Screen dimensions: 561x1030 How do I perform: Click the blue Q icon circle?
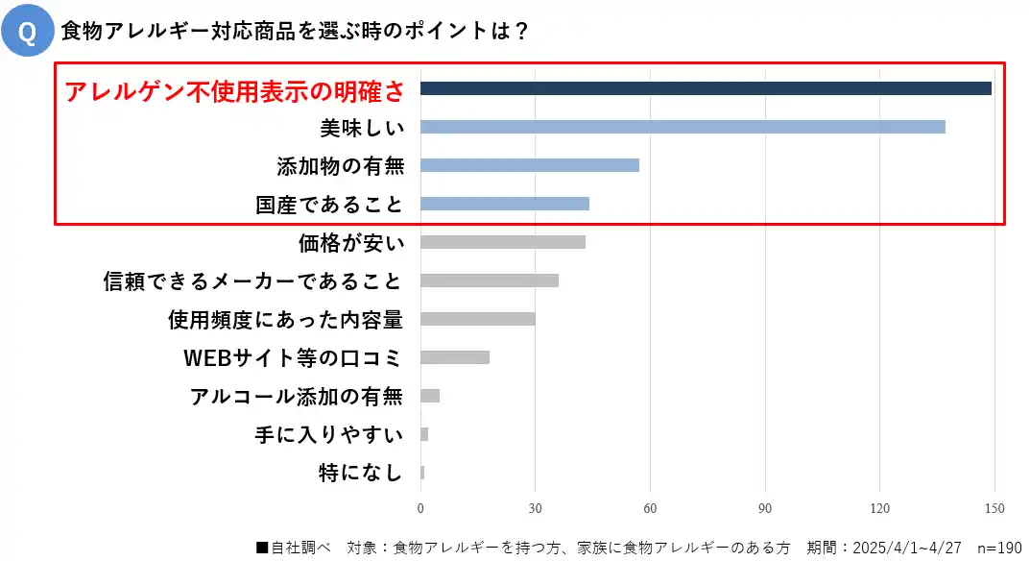coord(28,34)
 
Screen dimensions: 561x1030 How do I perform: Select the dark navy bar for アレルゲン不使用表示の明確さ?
coord(706,88)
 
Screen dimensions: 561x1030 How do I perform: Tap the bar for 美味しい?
coord(683,127)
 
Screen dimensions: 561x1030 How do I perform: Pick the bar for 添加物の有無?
coord(530,165)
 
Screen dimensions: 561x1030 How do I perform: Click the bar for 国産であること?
coord(505,204)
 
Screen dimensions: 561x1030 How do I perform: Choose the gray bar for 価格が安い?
coord(503,242)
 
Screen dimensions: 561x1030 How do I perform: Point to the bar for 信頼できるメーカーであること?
coord(490,280)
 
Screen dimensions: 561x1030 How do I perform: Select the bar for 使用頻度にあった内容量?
coord(478,319)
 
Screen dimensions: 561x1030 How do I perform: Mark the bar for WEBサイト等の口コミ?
coord(455,357)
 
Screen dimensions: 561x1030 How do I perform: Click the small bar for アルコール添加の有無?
coord(430,396)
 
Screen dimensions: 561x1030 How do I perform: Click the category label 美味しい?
coord(362,128)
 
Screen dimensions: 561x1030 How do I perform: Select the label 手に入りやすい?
coord(329,435)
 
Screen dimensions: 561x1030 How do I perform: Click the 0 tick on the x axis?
coord(420,508)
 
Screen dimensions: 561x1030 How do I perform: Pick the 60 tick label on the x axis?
coord(650,508)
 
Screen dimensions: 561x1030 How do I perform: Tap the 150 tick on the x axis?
coord(994,508)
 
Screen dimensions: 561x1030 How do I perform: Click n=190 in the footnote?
coord(998,548)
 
